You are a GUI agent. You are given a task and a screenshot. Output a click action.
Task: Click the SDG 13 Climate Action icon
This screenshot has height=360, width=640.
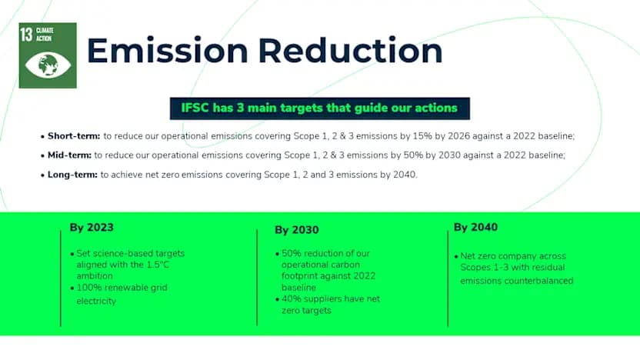48,55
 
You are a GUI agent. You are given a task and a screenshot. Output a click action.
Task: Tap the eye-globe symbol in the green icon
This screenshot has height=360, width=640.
48,63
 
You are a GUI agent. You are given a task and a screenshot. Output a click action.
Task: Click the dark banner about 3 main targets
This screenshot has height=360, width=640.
319,108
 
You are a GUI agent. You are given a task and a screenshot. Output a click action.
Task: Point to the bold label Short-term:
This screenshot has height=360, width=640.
74,136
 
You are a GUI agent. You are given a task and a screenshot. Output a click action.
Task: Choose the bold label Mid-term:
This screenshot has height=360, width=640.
69,155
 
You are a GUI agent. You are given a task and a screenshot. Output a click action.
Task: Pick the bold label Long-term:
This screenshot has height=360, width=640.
72,175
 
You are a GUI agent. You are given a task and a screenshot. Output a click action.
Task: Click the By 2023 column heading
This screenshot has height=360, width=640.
92,228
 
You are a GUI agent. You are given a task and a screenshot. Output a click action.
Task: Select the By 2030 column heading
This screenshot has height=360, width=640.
296,230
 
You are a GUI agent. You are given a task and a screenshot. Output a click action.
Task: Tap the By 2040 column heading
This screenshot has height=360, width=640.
475,228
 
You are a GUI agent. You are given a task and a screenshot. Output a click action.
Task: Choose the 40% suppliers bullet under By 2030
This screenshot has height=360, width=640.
331,305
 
